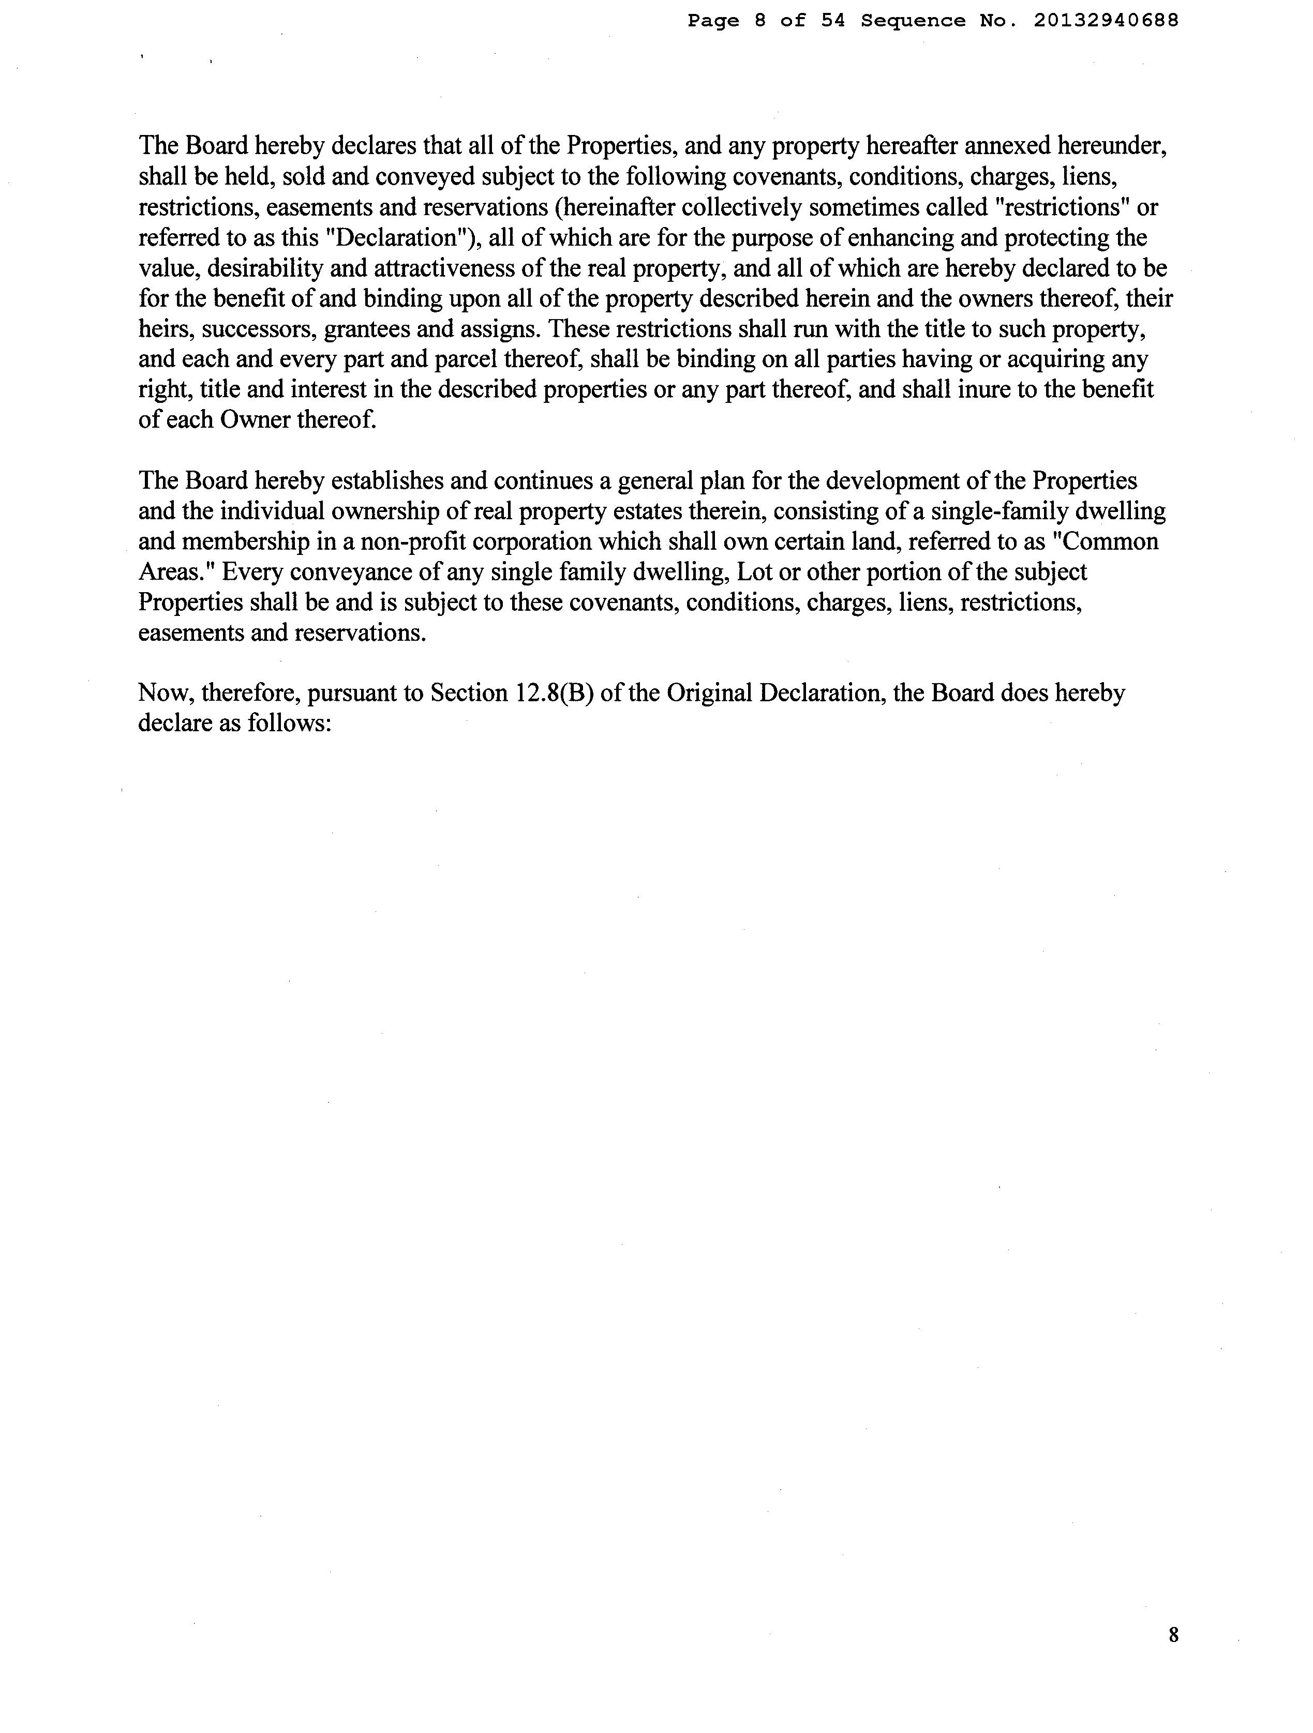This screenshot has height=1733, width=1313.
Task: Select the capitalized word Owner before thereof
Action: point(255,420)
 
